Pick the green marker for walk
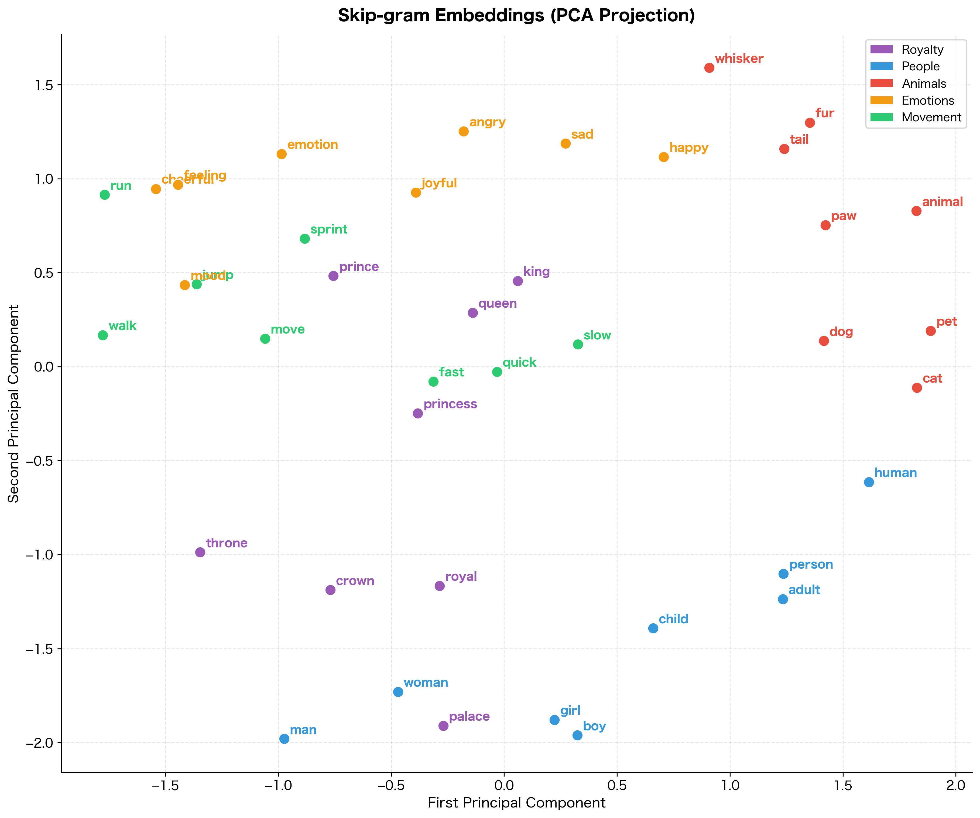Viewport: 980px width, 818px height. coord(103,335)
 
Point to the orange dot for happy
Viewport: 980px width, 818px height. coord(664,157)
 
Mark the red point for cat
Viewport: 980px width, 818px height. coord(917,388)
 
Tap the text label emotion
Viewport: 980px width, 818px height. coord(312,145)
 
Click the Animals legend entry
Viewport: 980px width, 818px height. coord(924,84)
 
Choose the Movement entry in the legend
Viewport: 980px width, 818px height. coord(931,118)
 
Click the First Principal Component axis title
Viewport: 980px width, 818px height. coord(516,803)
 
